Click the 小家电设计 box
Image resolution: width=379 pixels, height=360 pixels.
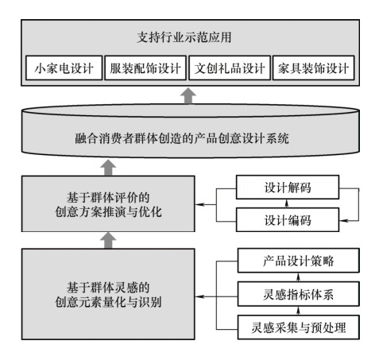point(64,68)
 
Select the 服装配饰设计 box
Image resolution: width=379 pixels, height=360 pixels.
point(145,68)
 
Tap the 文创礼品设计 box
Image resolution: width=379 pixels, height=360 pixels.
point(230,68)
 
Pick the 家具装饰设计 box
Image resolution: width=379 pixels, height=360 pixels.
point(313,68)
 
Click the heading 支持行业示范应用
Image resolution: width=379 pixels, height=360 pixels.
point(184,37)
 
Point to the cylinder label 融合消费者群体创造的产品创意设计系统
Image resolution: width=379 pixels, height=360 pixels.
point(182,138)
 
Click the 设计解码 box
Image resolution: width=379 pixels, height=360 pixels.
point(288,188)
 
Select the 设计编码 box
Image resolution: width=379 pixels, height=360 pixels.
point(288,220)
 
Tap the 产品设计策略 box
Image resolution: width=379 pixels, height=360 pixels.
point(299,261)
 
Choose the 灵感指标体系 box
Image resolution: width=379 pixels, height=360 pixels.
point(299,294)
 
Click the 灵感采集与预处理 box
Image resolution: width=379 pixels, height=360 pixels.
point(299,327)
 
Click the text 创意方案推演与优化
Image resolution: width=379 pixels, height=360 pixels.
point(108,212)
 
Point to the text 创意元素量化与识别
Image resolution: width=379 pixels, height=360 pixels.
point(108,302)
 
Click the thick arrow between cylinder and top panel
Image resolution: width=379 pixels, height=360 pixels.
point(188,95)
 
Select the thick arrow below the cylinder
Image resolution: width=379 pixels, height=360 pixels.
point(108,168)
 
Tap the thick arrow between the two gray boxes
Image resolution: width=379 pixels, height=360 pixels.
point(108,240)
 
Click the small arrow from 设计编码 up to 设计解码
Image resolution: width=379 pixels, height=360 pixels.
point(286,203)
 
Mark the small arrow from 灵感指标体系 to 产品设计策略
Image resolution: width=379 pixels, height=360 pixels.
point(298,277)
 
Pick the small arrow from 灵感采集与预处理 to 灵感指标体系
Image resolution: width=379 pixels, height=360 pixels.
point(298,311)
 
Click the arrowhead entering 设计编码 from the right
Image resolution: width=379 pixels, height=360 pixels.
point(343,220)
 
